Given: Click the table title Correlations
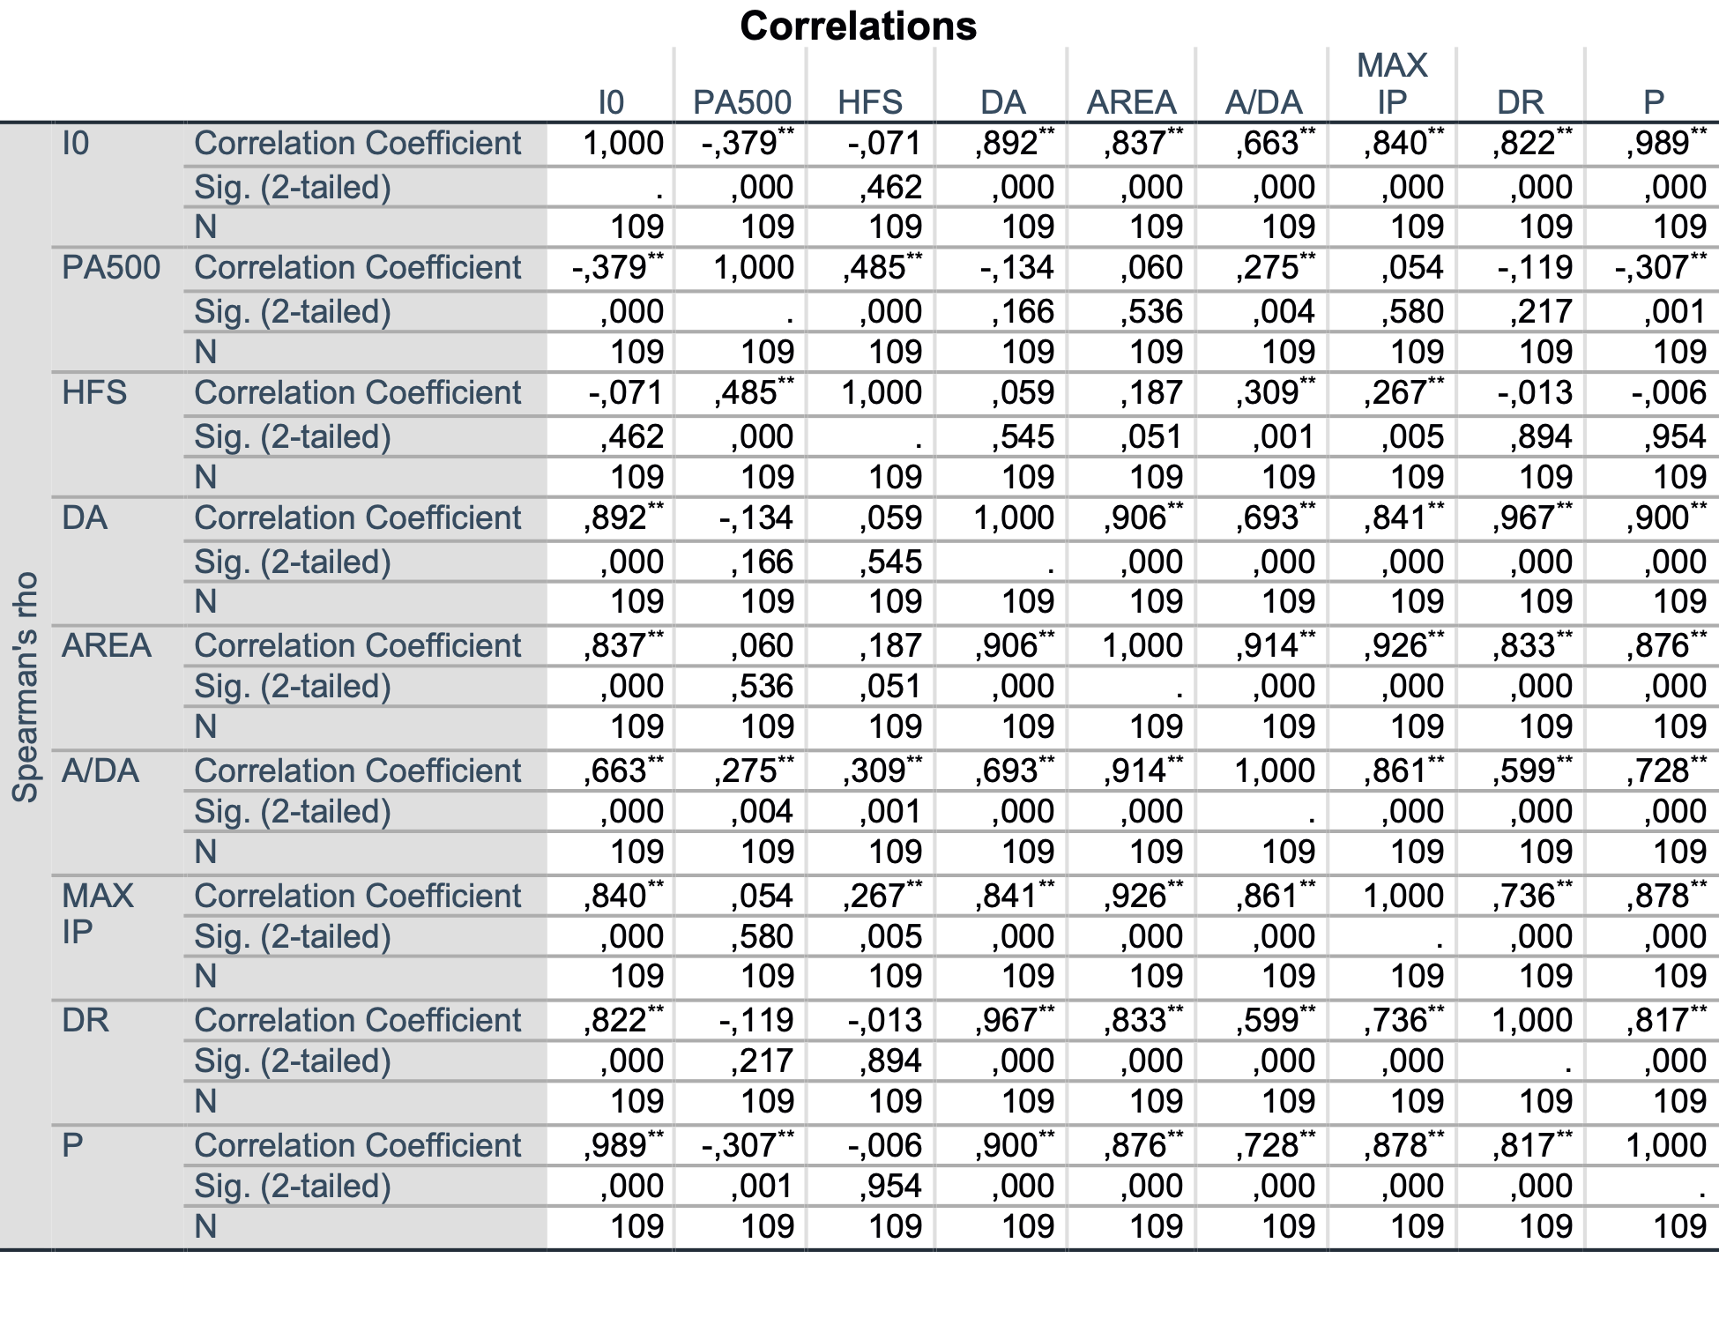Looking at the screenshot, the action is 858,26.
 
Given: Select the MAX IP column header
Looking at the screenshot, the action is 1392,84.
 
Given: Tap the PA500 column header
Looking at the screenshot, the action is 742,102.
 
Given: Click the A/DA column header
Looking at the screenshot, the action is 1263,102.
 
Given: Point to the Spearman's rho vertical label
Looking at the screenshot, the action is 26,688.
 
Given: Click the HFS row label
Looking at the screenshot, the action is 94,392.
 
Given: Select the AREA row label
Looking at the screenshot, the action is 107,645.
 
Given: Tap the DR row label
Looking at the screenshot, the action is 86,1020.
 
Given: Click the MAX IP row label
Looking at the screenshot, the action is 98,913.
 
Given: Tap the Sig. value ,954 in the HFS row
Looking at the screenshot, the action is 1675,436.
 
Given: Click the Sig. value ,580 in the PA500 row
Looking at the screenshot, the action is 1412,311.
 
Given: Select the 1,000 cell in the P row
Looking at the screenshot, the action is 1666,1145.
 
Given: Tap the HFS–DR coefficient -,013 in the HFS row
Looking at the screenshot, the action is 1535,392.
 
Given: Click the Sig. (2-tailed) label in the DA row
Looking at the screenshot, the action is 293,562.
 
